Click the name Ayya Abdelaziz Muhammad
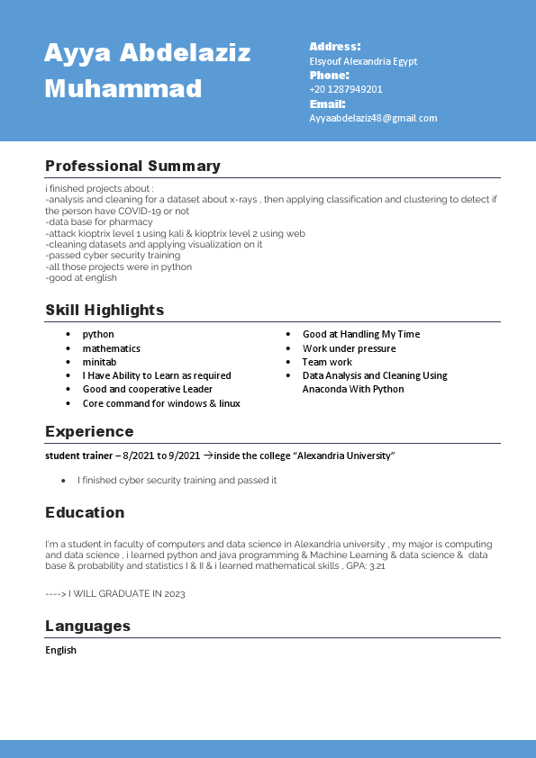click(x=147, y=70)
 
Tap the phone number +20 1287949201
click(x=346, y=89)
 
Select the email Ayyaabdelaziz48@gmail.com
click(x=373, y=118)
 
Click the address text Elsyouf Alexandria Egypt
click(x=363, y=61)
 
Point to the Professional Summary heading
click(x=132, y=166)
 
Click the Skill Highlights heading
click(x=104, y=310)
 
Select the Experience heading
click(x=89, y=431)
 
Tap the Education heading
click(x=85, y=512)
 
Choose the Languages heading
click(x=87, y=626)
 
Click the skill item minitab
click(x=99, y=362)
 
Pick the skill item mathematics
click(x=111, y=348)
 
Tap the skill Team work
click(x=327, y=362)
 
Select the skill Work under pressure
click(x=349, y=348)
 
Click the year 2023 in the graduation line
click(x=175, y=594)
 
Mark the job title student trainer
click(x=78, y=456)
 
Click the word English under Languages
click(x=60, y=650)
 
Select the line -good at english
click(x=81, y=278)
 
